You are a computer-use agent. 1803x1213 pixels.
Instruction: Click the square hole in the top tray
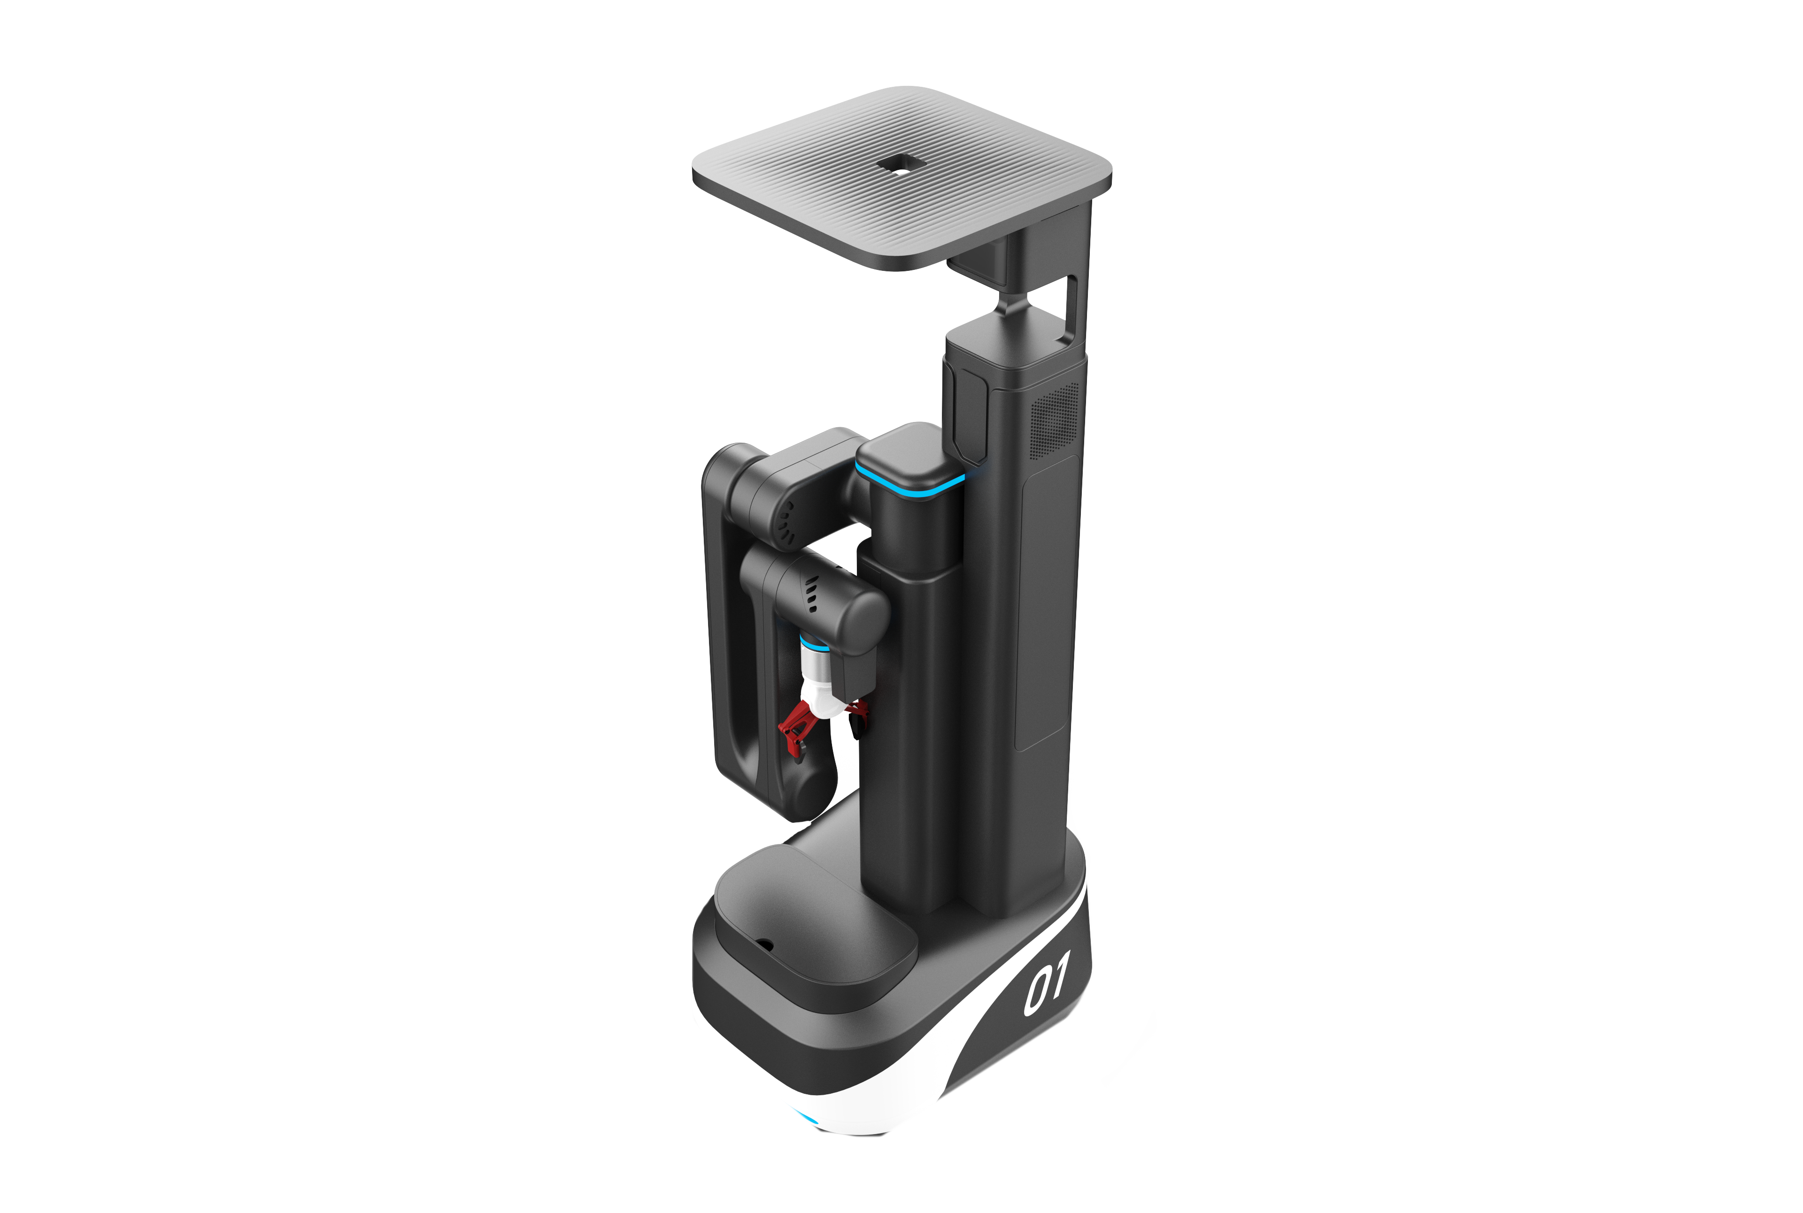[899, 165]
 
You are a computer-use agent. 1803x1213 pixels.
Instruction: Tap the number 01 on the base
[1048, 983]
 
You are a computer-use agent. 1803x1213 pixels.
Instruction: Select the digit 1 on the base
[1062, 973]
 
